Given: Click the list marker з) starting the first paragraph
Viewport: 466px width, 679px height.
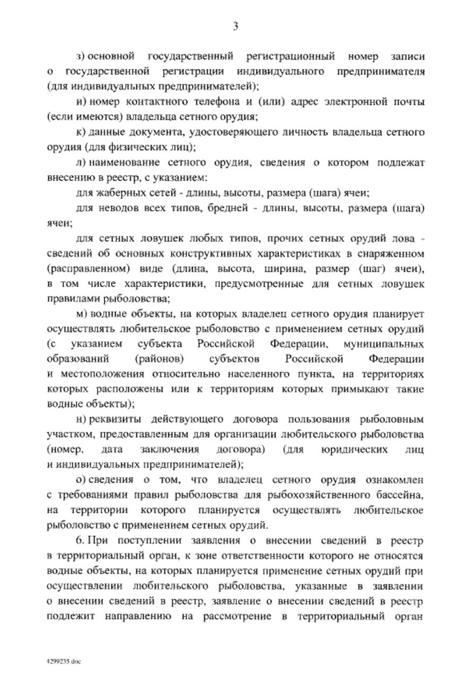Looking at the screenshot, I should (x=81, y=56).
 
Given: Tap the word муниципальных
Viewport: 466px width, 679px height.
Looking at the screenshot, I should (x=384, y=343).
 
